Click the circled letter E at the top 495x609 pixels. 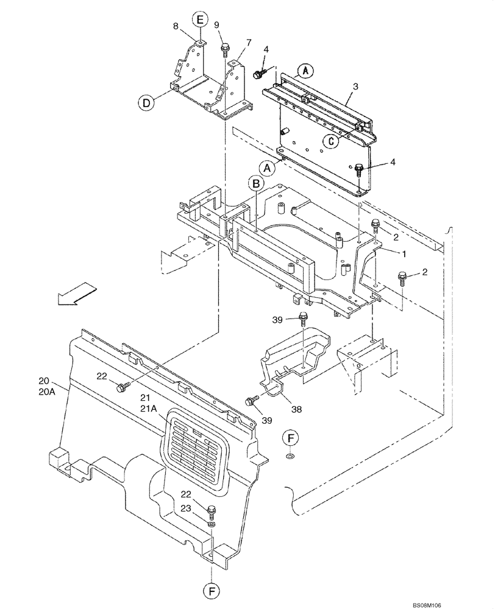click(x=199, y=19)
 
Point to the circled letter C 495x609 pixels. click(x=330, y=141)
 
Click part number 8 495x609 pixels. click(x=176, y=26)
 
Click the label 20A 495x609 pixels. click(x=47, y=393)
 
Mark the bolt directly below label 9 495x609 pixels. click(x=225, y=48)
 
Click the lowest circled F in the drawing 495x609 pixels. click(x=212, y=590)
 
